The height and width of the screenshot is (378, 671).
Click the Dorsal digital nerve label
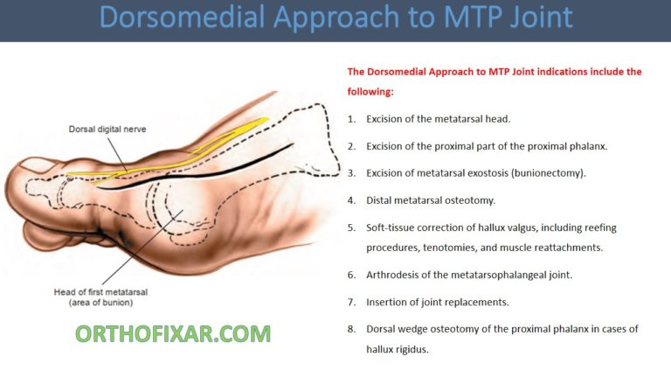pyautogui.click(x=107, y=129)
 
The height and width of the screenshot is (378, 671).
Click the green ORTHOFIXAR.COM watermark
pyautogui.click(x=172, y=332)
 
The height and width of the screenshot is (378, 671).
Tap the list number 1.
pyautogui.click(x=351, y=118)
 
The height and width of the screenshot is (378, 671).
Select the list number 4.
pyautogui.click(x=351, y=200)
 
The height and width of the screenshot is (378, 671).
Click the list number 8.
pyautogui.click(x=351, y=329)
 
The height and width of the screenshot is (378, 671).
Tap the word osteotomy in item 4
pyautogui.click(x=472, y=200)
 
